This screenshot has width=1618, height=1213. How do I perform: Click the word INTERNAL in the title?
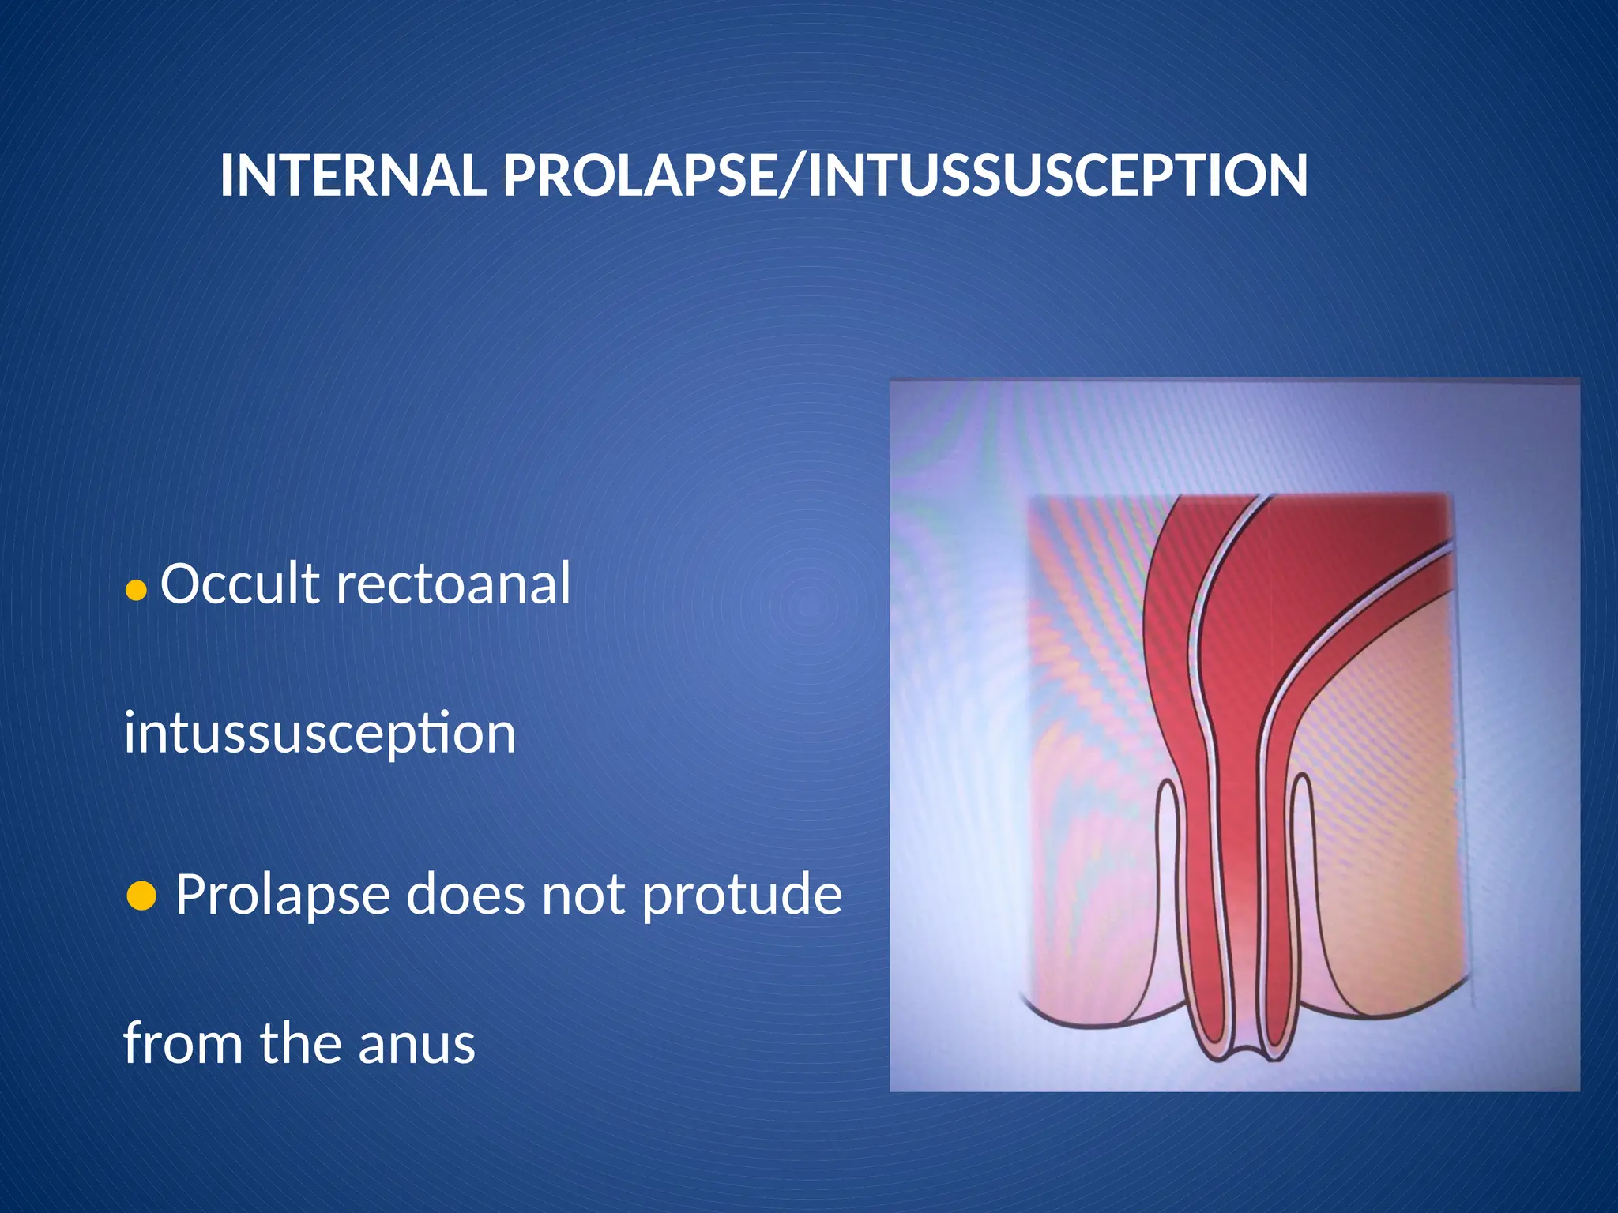click(352, 175)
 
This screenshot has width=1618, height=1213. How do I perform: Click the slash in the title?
click(793, 175)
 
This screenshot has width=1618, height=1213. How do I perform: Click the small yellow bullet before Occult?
click(137, 590)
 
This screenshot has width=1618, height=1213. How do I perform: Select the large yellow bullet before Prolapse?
click(141, 896)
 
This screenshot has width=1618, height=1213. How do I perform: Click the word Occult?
click(240, 584)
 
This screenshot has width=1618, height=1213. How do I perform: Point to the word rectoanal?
click(453, 584)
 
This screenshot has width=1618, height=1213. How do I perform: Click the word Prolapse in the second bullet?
click(282, 896)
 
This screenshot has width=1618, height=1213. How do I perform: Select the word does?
click(466, 896)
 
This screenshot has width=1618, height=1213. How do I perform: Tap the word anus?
click(416, 1043)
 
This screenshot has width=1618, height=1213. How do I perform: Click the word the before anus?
click(301, 1043)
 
